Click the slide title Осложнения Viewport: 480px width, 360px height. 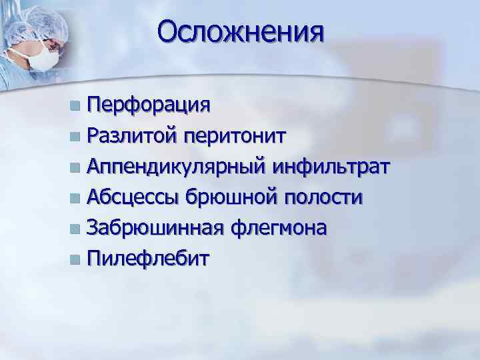pyautogui.click(x=241, y=31)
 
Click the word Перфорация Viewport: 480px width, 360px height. pyautogui.click(x=149, y=105)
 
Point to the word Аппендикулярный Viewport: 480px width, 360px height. pyautogui.click(x=176, y=167)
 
